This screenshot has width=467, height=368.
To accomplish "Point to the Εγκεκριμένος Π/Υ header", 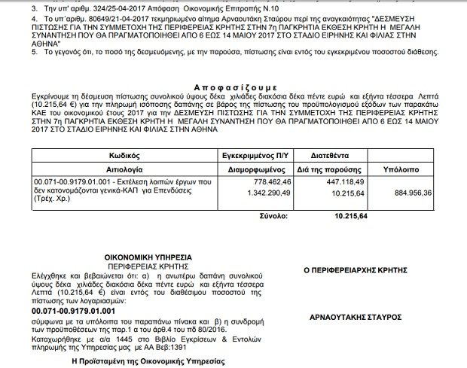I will point(262,151).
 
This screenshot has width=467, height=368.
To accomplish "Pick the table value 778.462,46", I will point(273,183).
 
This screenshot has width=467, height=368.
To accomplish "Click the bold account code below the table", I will point(73,309).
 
